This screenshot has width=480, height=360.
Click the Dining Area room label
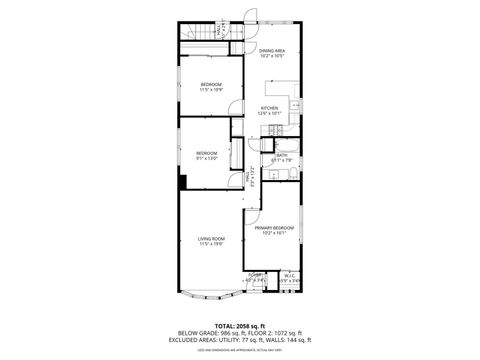coord(272,50)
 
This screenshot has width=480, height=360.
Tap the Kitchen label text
coord(270,107)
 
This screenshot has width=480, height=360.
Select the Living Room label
coord(210,238)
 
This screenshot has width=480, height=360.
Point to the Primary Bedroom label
coord(272,229)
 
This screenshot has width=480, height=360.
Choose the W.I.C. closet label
coord(290,275)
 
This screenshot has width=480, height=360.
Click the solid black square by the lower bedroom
coord(184,182)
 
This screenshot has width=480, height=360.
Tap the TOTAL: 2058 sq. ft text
coord(239,325)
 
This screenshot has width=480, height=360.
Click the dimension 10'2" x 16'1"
coord(272,235)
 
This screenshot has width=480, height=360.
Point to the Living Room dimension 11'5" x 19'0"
coord(210,243)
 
